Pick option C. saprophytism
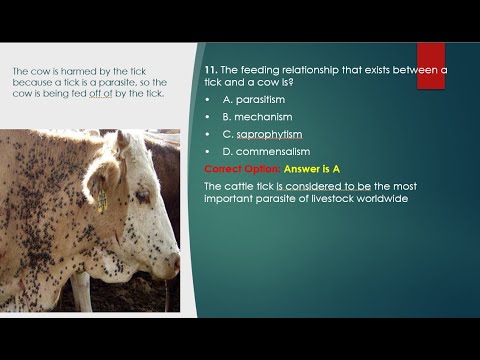click(262, 134)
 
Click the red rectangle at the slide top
click(431, 65)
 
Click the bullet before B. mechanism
click(206, 116)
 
